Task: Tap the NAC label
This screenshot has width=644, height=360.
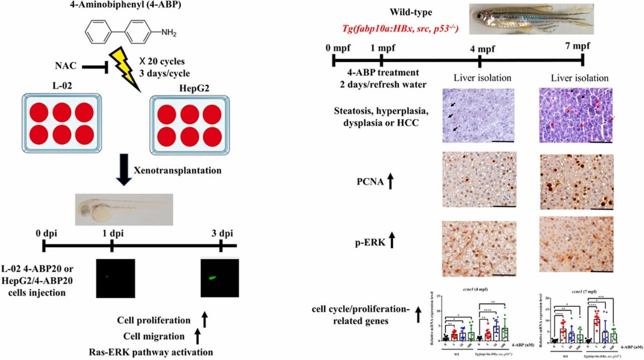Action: (66, 66)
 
